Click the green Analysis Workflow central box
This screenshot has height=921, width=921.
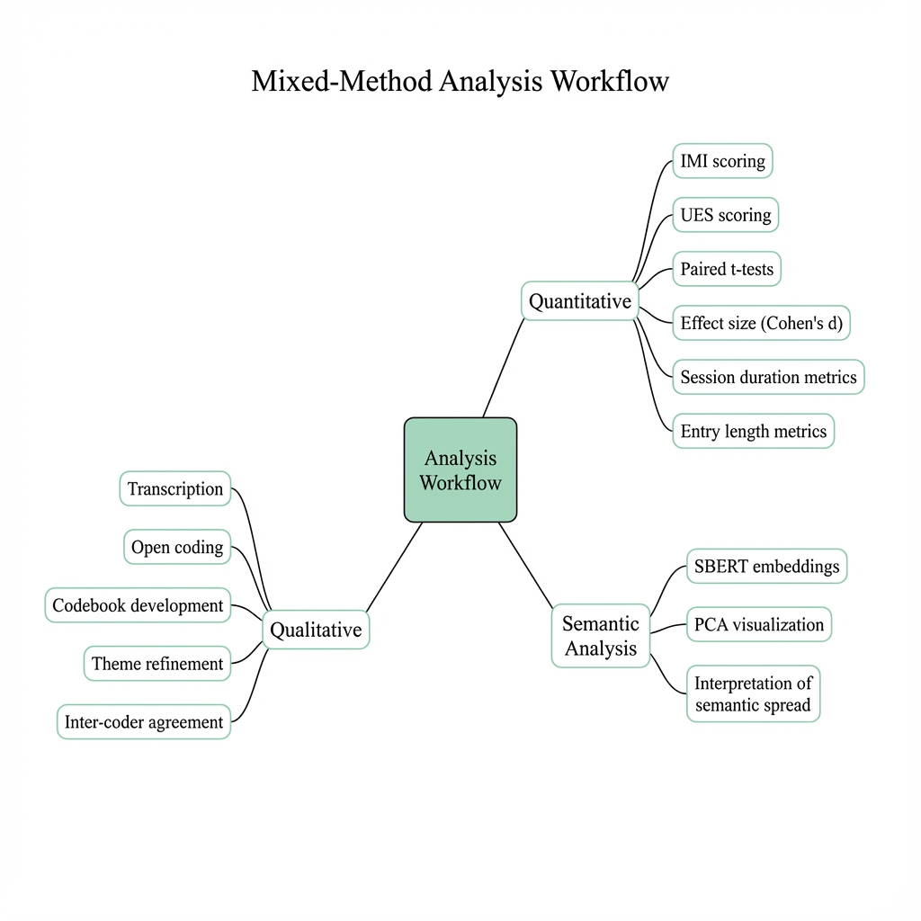460,469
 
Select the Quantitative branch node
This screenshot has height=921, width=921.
580,301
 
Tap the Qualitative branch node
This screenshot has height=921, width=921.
316,630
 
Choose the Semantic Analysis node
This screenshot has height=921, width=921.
601,635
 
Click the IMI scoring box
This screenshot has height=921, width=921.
722,161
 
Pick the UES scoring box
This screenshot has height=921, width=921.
725,215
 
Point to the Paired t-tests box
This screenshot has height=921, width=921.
727,269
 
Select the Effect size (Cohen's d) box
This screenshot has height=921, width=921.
761,323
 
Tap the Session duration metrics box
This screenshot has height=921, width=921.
768,377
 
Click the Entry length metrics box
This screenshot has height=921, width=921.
753,431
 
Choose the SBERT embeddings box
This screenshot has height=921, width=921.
766,567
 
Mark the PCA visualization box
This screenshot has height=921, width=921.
758,624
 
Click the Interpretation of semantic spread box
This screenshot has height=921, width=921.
753,694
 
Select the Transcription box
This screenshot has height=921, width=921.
175,488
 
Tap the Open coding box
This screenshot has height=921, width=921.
177,547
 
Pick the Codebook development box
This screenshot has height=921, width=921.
138,605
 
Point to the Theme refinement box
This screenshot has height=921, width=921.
157,664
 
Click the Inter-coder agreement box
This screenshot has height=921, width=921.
144,721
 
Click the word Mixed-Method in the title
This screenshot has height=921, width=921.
341,81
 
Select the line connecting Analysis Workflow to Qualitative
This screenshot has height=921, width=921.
394,568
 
